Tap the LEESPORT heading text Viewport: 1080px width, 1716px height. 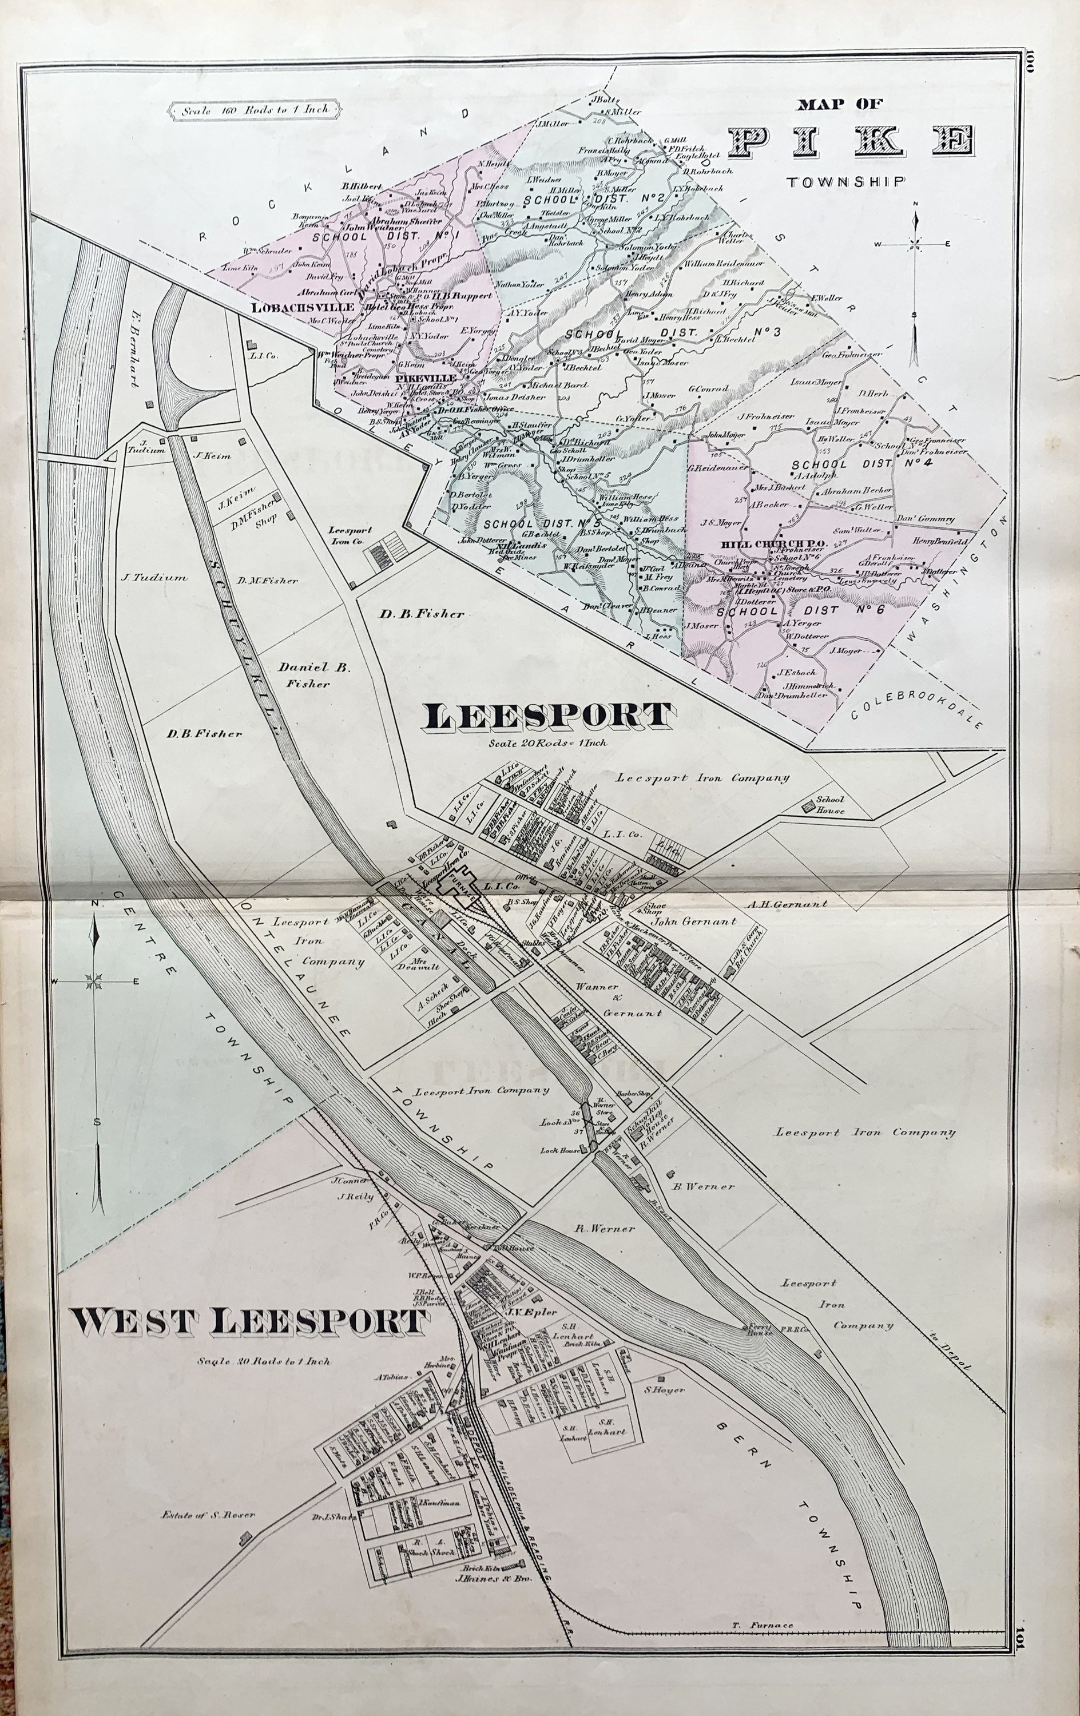click(x=547, y=716)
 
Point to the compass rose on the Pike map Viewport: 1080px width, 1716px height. click(x=915, y=246)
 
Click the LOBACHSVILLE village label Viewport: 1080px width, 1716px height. click(x=303, y=307)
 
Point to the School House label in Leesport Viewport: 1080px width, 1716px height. click(x=831, y=805)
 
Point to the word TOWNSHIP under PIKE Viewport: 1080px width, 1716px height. click(x=846, y=182)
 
